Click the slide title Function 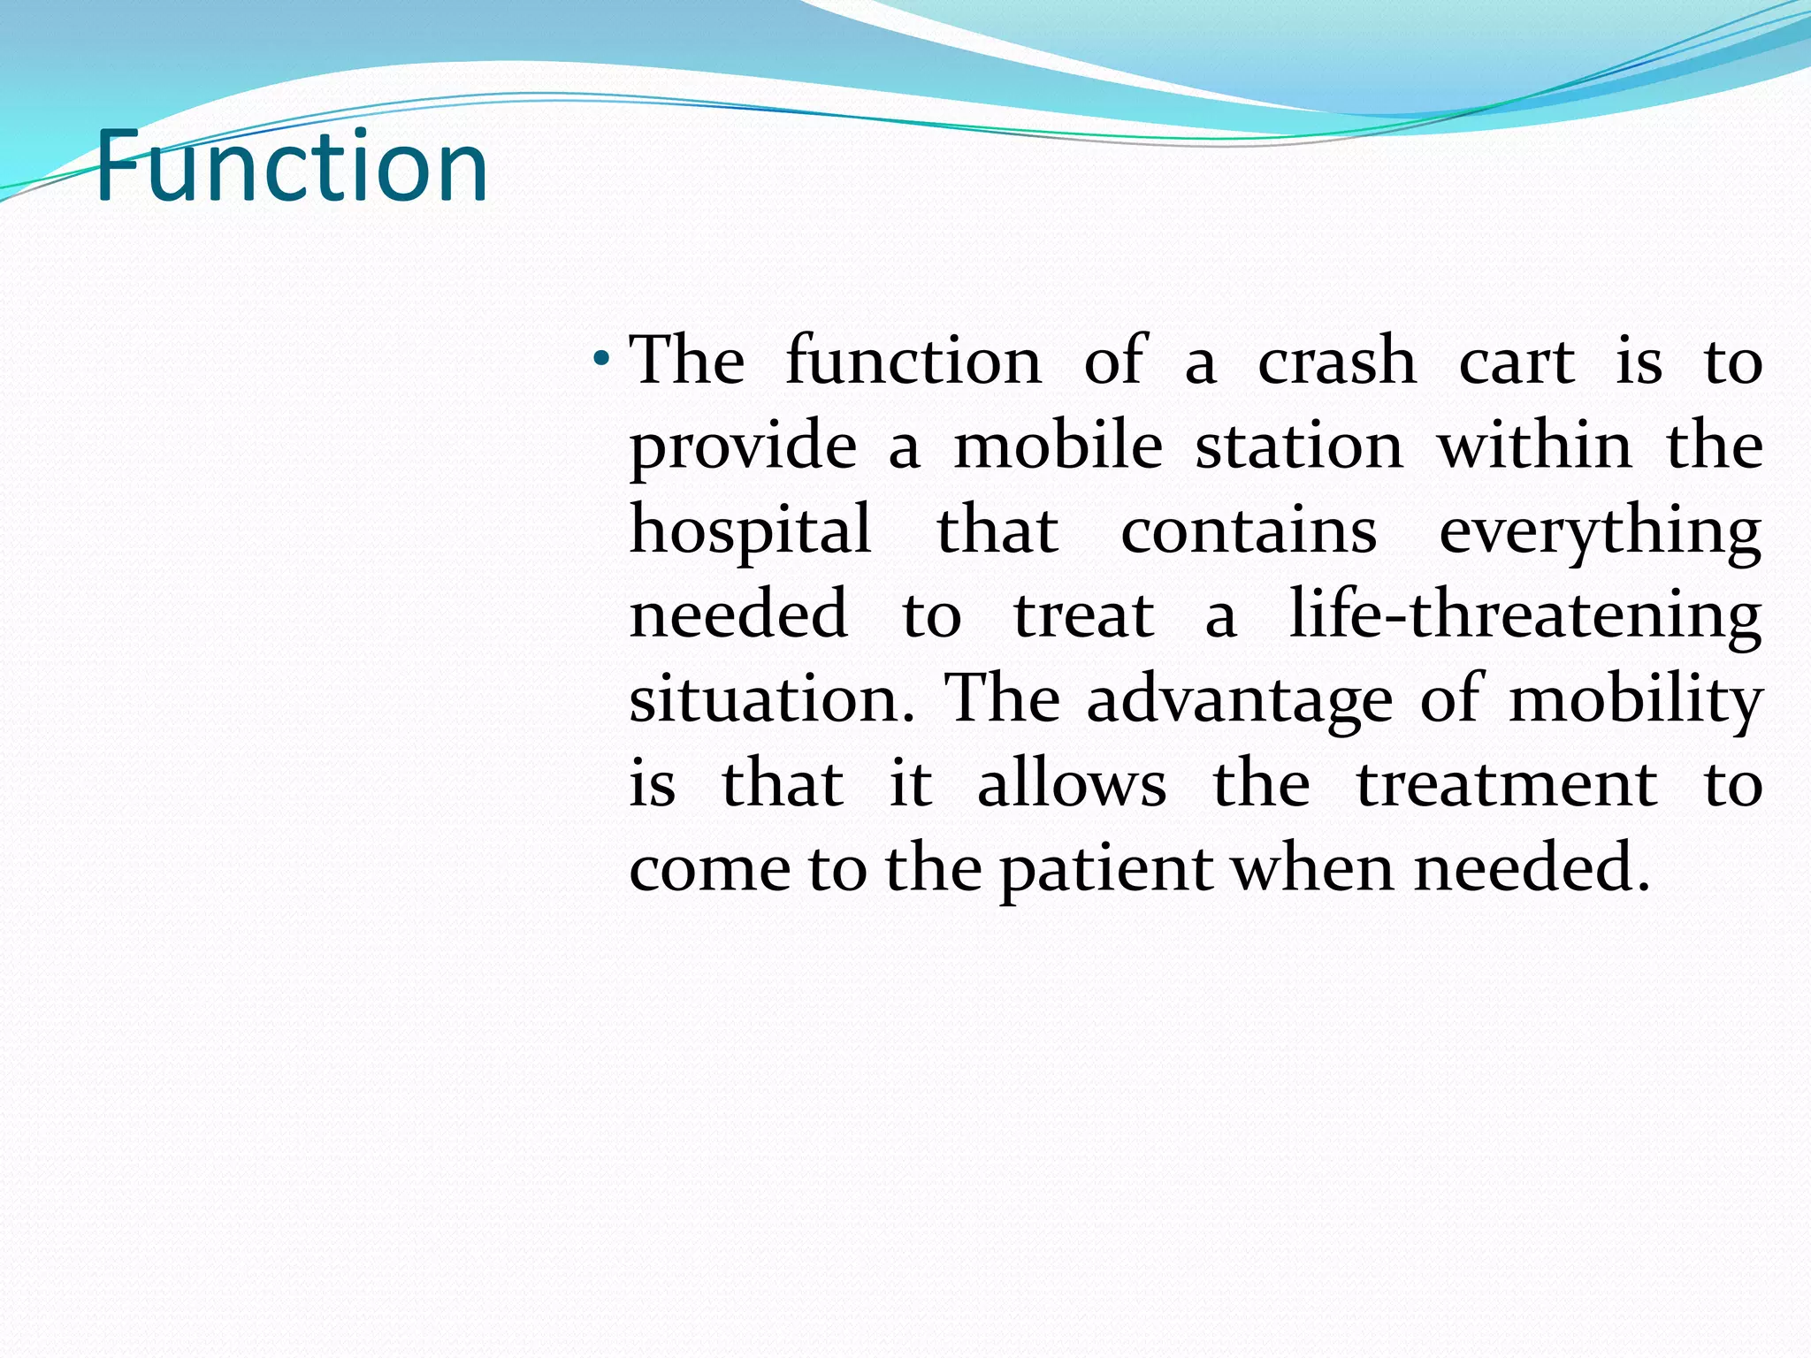(x=291, y=166)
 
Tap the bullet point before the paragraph (x=601, y=359)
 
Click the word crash (x=1337, y=361)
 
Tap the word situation (x=772, y=698)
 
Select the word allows (x=1072, y=783)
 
